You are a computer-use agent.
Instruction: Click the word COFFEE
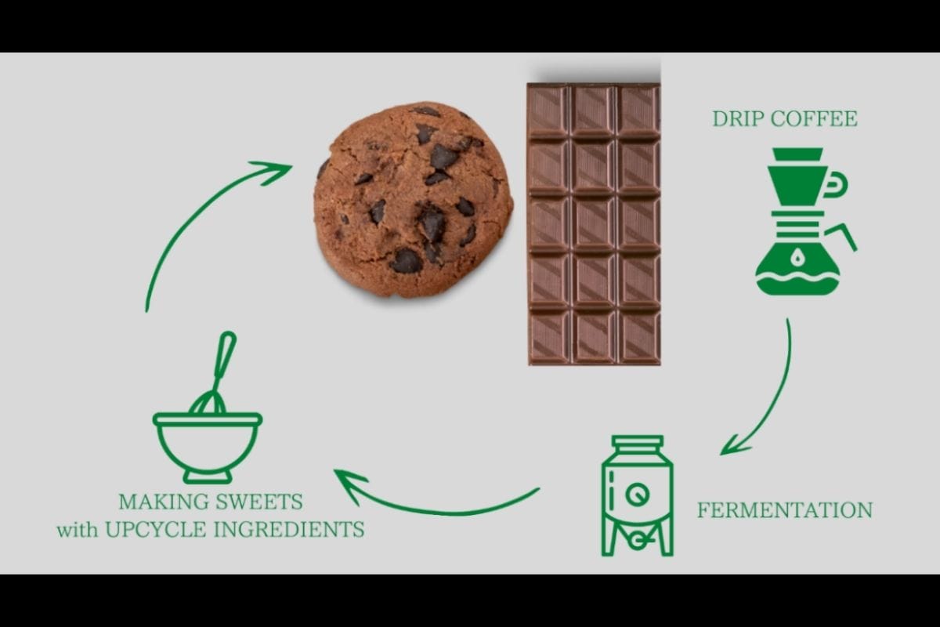pyautogui.click(x=814, y=119)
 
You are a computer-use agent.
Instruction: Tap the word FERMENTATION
pyautogui.click(x=785, y=510)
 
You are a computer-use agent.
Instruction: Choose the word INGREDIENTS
pyautogui.click(x=289, y=530)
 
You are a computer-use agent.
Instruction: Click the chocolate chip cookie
pyautogui.click(x=414, y=200)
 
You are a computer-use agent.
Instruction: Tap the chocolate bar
pyautogui.click(x=594, y=224)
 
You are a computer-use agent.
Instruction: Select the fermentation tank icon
pyautogui.click(x=638, y=495)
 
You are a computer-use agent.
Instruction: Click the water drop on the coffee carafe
pyautogui.click(x=797, y=256)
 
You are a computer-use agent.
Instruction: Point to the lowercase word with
pyautogui.click(x=78, y=531)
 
